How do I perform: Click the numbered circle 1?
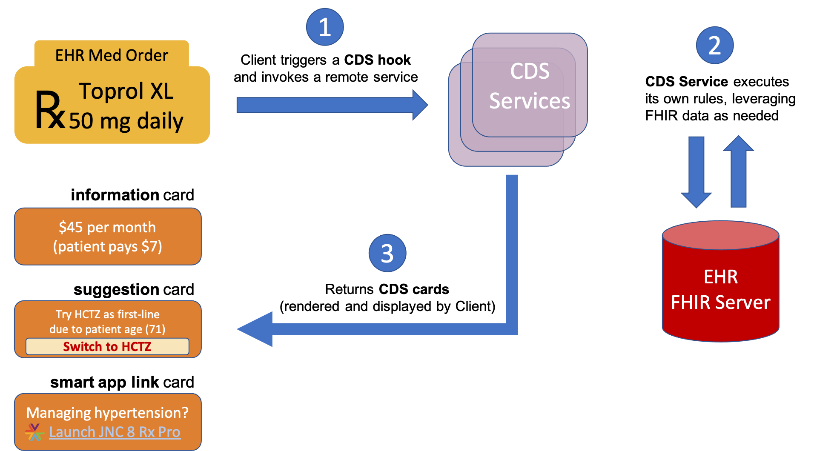(x=325, y=27)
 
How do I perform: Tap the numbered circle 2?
(x=714, y=45)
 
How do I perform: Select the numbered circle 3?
(x=387, y=253)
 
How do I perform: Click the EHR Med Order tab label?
(x=112, y=55)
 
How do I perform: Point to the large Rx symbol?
(x=49, y=110)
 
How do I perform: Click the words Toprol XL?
(x=126, y=91)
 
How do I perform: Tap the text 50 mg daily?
(x=126, y=121)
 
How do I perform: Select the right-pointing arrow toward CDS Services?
(x=332, y=105)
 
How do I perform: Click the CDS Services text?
(x=530, y=86)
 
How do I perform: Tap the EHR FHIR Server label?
(x=720, y=290)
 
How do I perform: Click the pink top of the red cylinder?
(x=720, y=235)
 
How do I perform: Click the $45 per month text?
(x=107, y=227)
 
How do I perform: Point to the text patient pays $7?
(x=107, y=246)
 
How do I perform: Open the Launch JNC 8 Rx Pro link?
(x=115, y=432)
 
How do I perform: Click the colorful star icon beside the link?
(x=34, y=432)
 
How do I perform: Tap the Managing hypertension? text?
(x=107, y=413)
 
